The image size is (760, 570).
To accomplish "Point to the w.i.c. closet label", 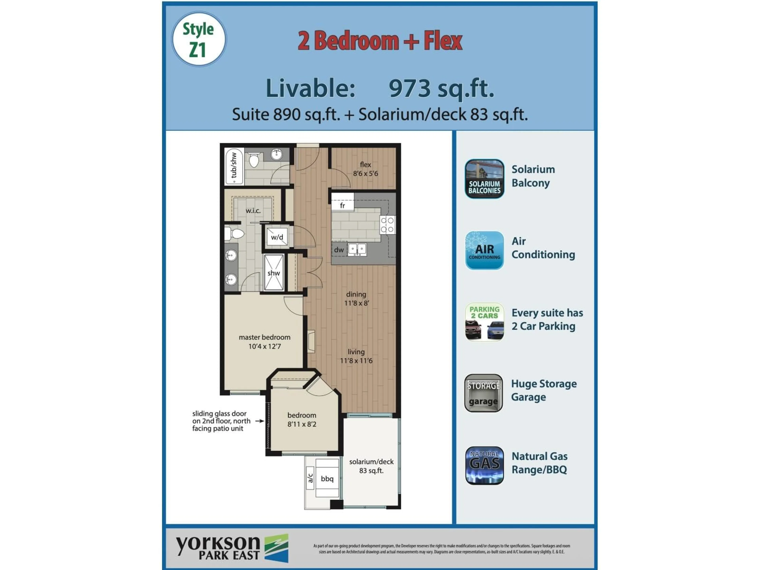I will click(x=253, y=211).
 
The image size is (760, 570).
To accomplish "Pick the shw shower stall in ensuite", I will click(x=274, y=273).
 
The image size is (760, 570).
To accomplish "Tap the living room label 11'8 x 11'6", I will click(x=356, y=356).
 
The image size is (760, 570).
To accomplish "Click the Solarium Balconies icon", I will click(x=484, y=179).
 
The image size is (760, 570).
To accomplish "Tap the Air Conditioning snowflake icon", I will click(x=484, y=250).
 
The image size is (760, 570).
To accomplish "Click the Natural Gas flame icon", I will click(x=484, y=465).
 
